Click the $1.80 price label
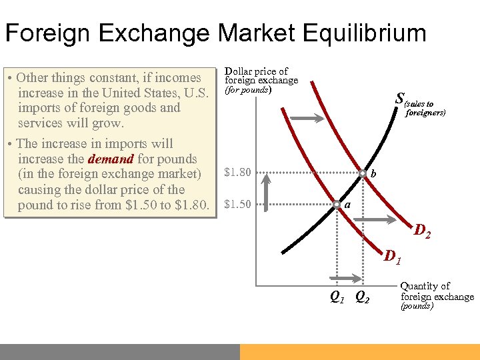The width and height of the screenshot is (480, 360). (238, 173)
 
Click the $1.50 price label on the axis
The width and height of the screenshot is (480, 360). (238, 204)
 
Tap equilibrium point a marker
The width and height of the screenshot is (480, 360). (337, 204)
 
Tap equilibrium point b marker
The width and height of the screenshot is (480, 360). (362, 173)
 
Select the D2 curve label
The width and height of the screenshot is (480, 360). (422, 232)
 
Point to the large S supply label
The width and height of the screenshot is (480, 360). (399, 99)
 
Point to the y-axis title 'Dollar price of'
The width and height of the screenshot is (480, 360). (257, 71)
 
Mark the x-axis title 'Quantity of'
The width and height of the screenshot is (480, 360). (425, 286)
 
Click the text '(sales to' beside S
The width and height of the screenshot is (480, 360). (421, 104)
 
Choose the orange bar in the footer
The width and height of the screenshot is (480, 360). (360, 351)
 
